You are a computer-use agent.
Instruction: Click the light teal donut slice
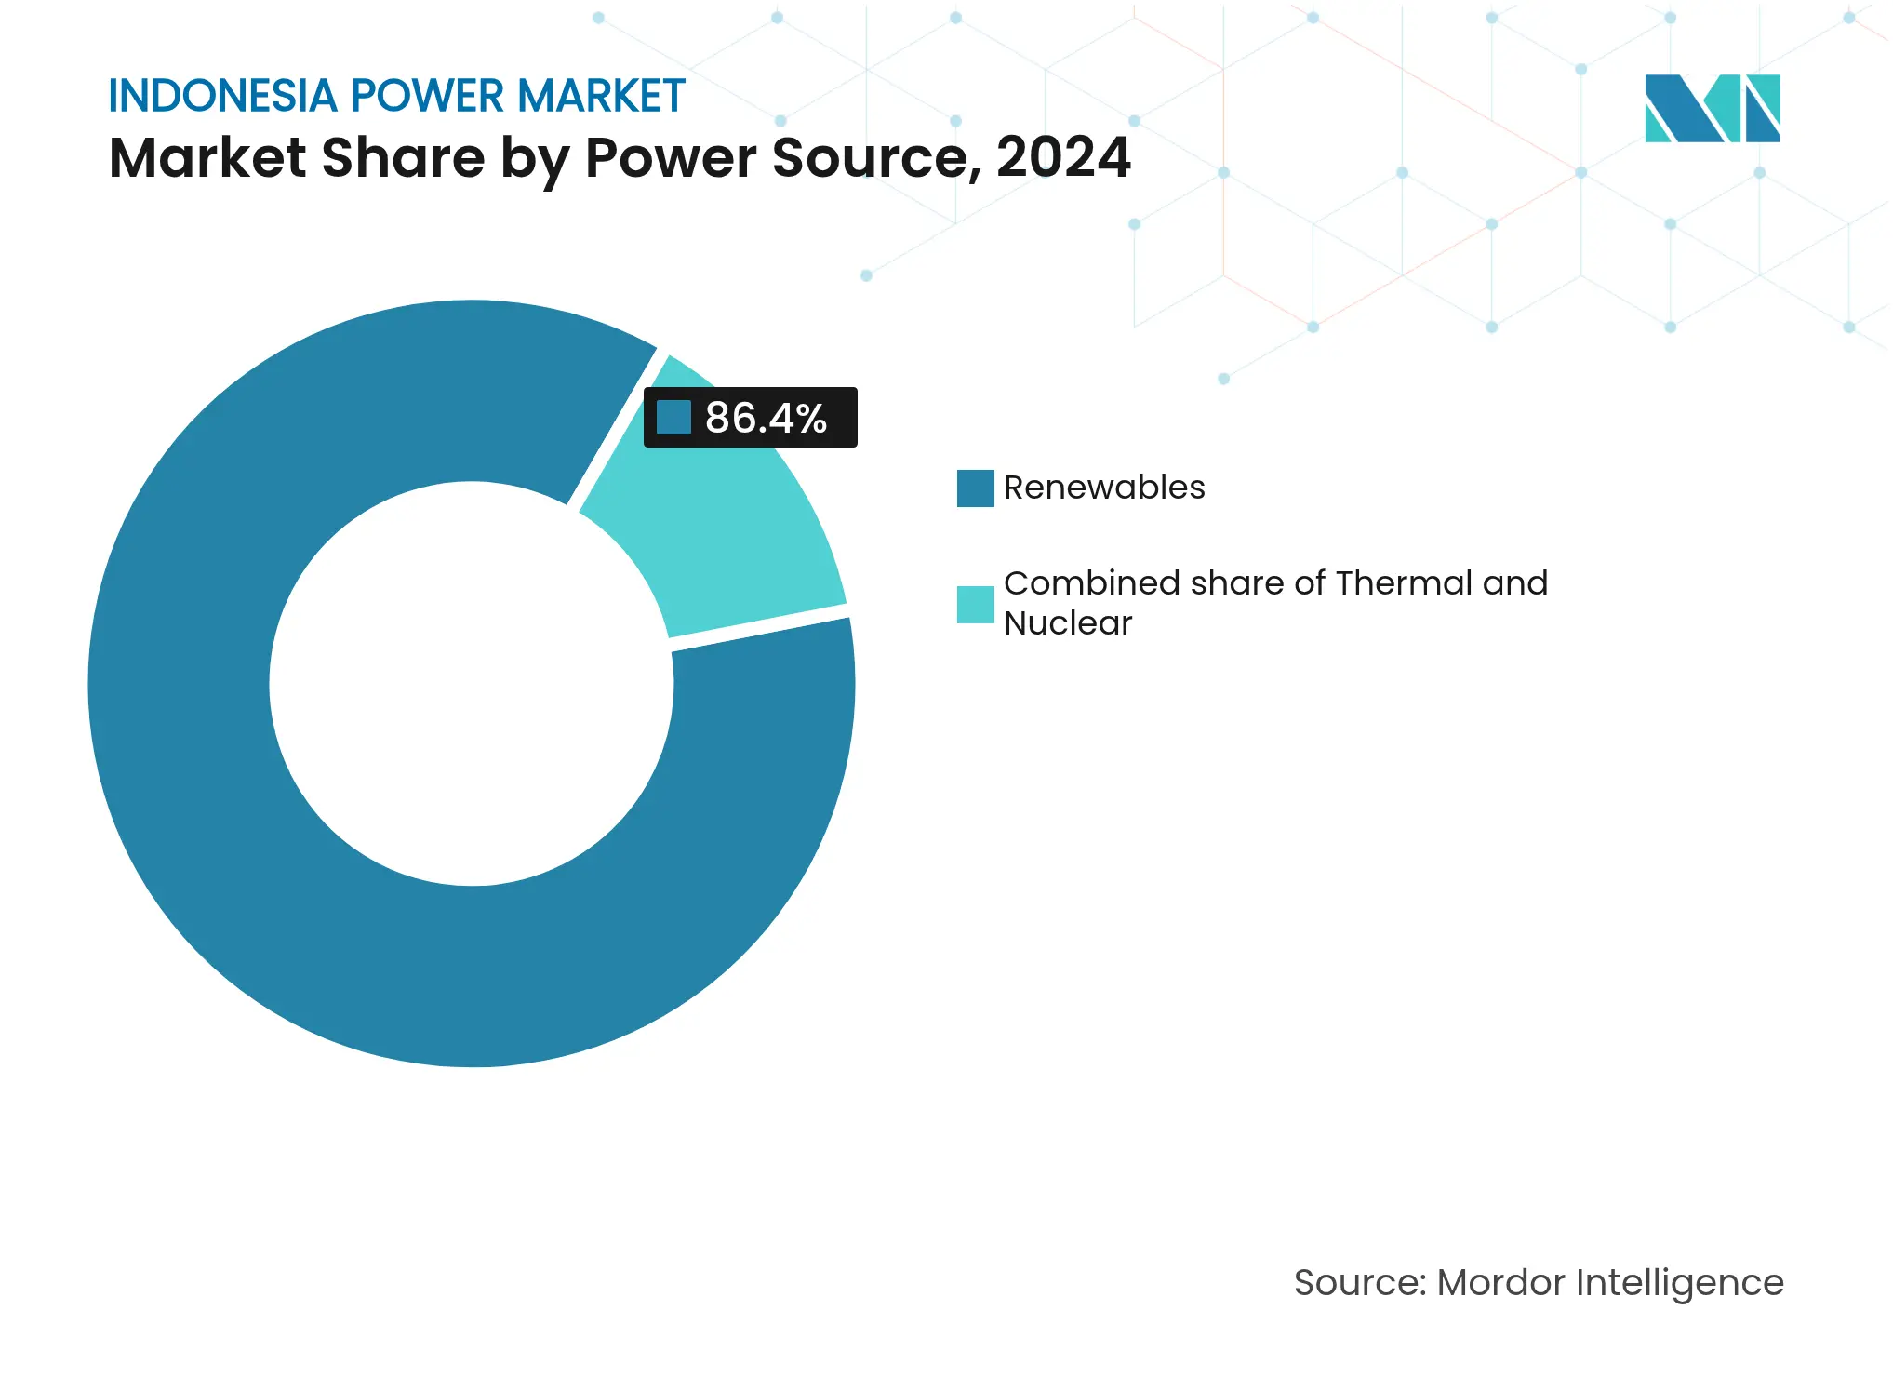tap(716, 540)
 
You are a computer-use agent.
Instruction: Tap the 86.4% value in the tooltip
tap(766, 418)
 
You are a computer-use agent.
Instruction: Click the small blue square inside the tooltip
tap(673, 418)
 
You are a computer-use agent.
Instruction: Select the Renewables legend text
tap(1104, 488)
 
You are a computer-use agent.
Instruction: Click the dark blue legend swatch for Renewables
tap(975, 488)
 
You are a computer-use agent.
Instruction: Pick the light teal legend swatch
tap(975, 605)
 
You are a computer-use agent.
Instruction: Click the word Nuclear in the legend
tap(1068, 623)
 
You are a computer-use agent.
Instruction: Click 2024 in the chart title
tap(1063, 157)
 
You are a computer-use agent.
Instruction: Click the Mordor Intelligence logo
tap(1712, 108)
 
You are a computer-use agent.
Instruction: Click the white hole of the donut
tap(472, 684)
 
